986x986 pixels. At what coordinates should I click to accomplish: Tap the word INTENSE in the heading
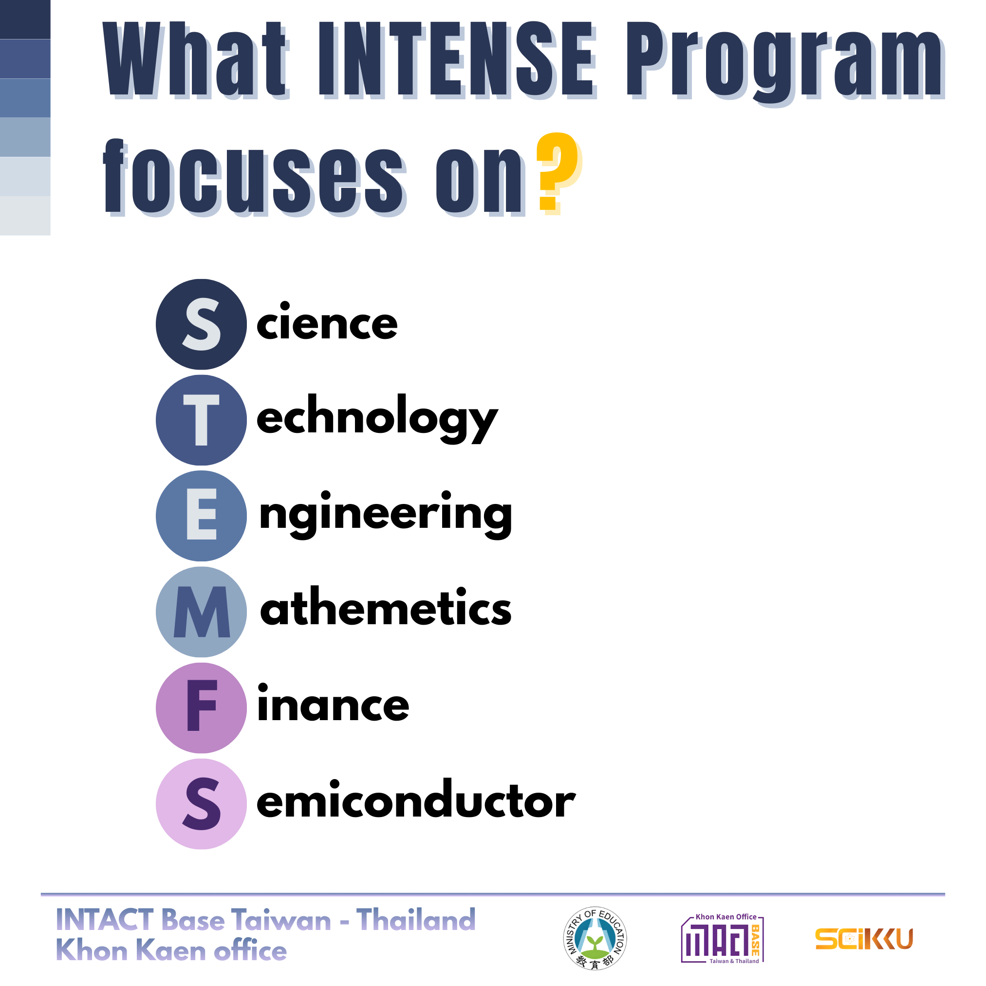pos(457,60)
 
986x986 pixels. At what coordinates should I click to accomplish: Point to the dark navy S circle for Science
pos(201,324)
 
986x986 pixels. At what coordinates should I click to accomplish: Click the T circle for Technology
pos(201,420)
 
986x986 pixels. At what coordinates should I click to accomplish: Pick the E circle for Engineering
pos(201,516)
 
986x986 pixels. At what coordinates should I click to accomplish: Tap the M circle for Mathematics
pos(201,612)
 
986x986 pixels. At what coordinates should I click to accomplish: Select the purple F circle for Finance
pos(201,708)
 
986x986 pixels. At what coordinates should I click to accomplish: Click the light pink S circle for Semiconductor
pos(201,804)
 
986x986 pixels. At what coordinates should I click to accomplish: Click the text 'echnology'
pos(377,418)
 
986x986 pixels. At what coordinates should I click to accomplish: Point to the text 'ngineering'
pos(386,515)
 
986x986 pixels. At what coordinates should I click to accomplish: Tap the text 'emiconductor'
pos(416,800)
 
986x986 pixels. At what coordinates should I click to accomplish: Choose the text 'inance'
pos(333,703)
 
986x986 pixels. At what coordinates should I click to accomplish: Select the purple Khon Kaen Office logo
pos(723,939)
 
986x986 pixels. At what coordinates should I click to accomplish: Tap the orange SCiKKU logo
pos(864,939)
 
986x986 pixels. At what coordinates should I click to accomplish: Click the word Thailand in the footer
pos(416,920)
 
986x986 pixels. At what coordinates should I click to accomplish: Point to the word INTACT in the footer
pos(105,920)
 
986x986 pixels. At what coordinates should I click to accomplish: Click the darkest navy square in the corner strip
pos(25,19)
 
